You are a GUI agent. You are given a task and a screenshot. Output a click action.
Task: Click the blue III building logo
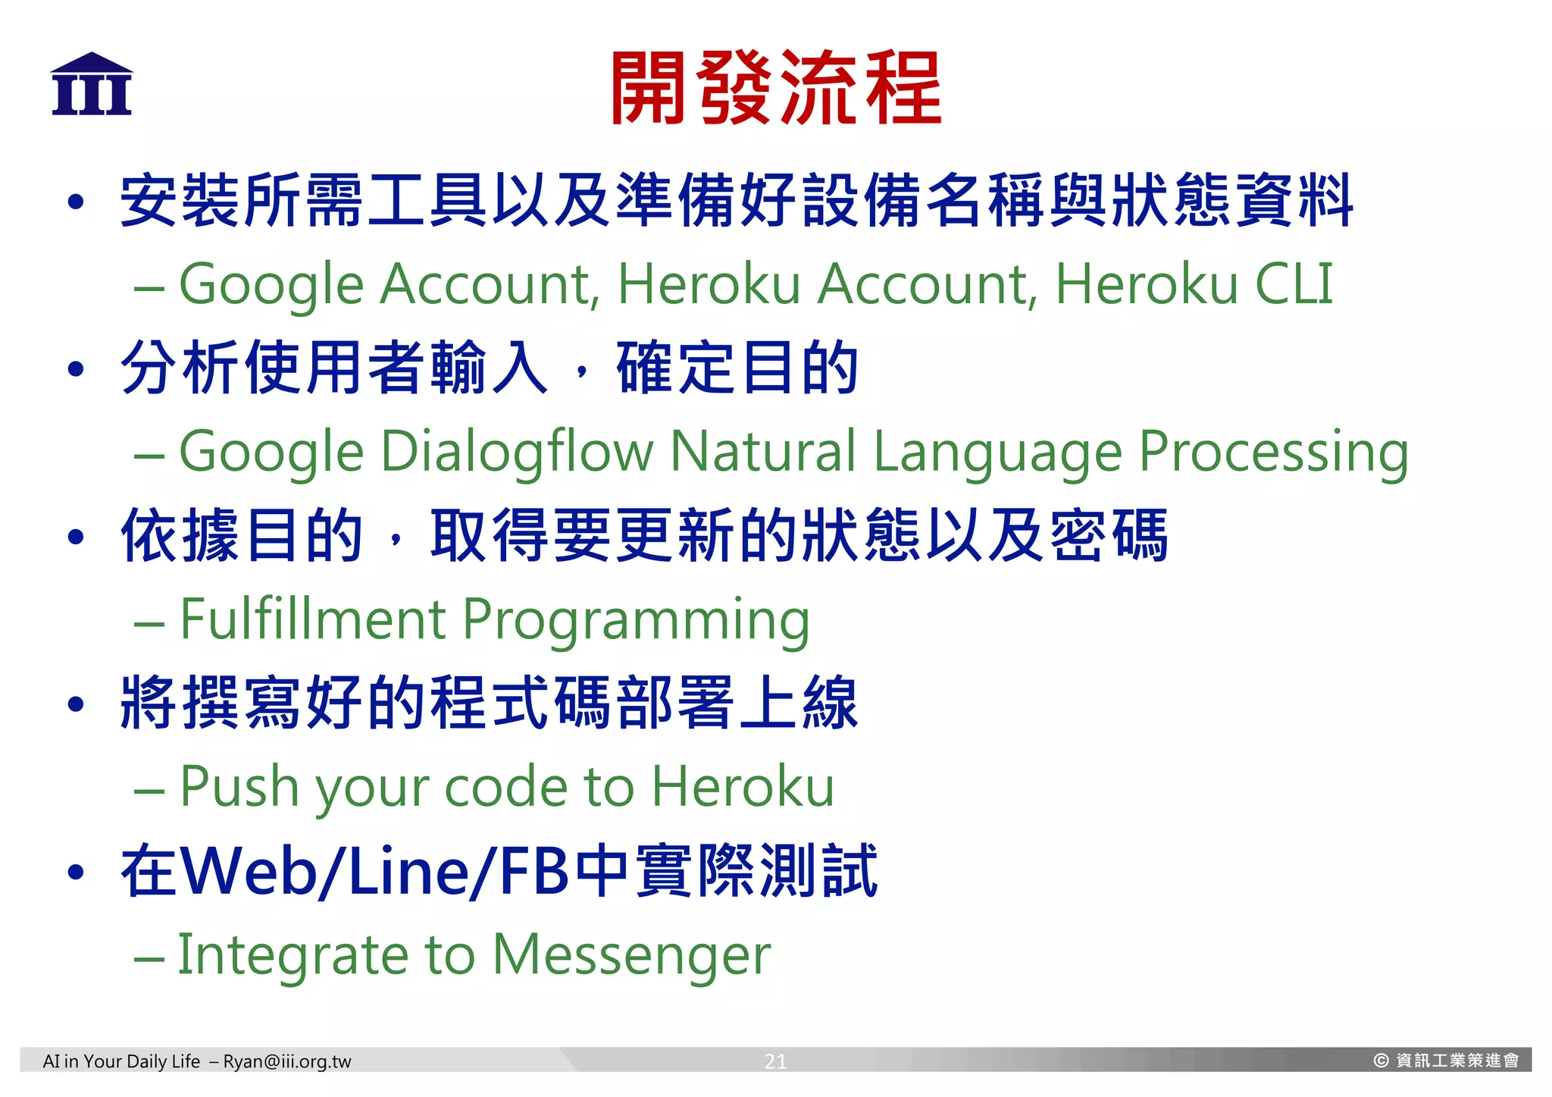pos(92,85)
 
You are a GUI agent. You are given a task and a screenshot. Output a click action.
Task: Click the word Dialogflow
pos(516,453)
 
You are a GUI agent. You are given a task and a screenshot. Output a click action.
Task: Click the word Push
pos(239,786)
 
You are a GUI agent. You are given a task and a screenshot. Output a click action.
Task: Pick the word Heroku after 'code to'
pos(743,786)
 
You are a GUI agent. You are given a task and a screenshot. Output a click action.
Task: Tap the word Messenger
pos(631,955)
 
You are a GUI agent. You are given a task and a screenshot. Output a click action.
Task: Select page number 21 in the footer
pos(775,1061)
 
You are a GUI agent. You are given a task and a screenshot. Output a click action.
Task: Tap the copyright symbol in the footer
pos(1381,1061)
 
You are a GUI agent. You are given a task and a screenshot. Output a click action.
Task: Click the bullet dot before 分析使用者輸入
pos(75,369)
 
